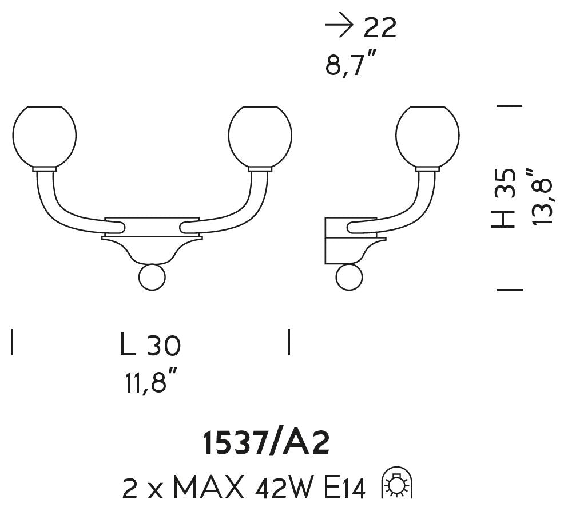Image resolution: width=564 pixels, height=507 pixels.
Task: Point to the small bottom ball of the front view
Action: click(152, 277)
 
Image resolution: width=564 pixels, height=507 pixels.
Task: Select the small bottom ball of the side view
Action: click(349, 277)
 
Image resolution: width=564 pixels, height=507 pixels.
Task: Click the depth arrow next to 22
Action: click(339, 27)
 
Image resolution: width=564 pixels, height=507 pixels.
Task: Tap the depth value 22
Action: click(380, 27)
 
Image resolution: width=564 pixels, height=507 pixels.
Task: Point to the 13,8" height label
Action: click(542, 196)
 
